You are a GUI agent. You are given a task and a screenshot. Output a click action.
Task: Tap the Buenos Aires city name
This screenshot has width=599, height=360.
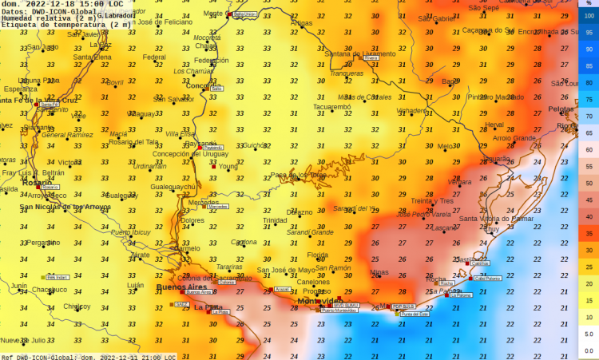click(180, 287)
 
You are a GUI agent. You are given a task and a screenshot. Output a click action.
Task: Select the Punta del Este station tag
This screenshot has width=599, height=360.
click(415, 314)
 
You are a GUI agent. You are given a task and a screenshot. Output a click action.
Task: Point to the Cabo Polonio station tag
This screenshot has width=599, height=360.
click(487, 279)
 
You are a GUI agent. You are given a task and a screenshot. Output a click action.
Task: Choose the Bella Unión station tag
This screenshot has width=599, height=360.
click(245, 14)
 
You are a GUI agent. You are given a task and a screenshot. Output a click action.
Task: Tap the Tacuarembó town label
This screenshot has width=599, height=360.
click(331, 106)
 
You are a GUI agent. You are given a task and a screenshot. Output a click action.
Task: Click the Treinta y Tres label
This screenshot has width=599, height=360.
click(432, 201)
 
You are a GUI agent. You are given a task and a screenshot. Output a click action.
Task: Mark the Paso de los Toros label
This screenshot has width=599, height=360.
click(297, 175)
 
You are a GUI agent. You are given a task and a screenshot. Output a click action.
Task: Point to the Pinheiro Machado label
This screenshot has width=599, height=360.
click(501, 97)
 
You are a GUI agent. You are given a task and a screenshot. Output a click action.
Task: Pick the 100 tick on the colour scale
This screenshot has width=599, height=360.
click(589, 16)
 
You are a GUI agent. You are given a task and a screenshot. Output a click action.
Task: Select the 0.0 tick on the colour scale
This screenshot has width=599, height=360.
click(589, 350)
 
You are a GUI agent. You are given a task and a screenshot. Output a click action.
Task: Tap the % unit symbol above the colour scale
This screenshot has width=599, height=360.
click(589, 5)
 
